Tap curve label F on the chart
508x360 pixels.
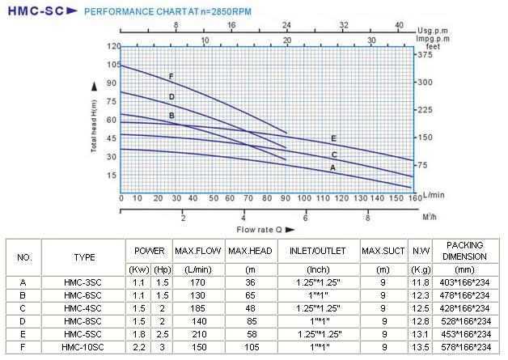click(171, 77)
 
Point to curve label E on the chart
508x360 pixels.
click(333, 138)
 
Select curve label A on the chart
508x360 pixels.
click(332, 167)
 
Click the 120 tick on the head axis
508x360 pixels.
click(112, 46)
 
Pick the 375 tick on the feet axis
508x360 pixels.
click(424, 55)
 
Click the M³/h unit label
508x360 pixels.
click(420, 217)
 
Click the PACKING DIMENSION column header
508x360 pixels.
click(464, 250)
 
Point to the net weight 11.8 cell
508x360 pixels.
click(420, 282)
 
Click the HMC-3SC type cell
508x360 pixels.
click(84, 282)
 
